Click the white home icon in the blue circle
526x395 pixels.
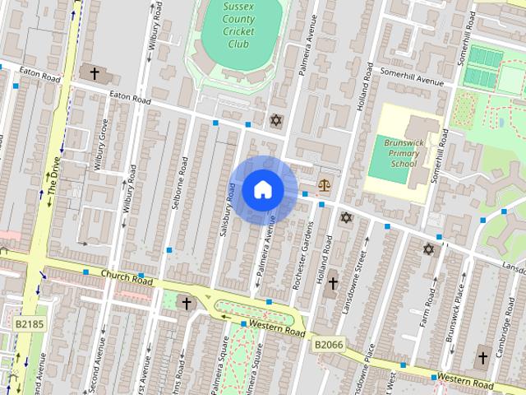pyautogui.click(x=262, y=190)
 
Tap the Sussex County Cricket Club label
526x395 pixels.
pyautogui.click(x=239, y=26)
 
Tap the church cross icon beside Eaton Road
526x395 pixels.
pyautogui.click(x=95, y=74)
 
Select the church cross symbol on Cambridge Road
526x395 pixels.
pyautogui.click(x=482, y=359)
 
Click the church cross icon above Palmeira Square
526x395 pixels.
pyautogui.click(x=186, y=303)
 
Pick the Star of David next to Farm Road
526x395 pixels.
pyautogui.click(x=428, y=249)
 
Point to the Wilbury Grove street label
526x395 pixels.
pyautogui.click(x=100, y=145)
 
